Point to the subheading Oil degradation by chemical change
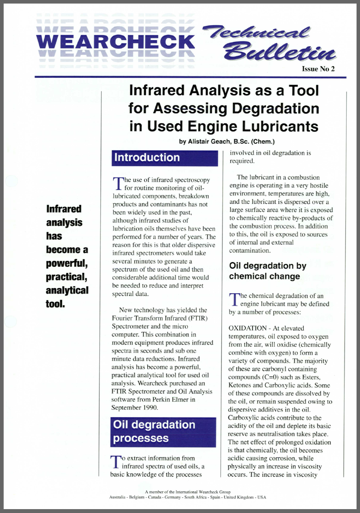(x=268, y=271)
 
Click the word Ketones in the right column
(x=243, y=385)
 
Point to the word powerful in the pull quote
(x=67, y=263)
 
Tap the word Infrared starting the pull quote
(x=64, y=209)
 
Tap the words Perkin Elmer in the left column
(x=175, y=399)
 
